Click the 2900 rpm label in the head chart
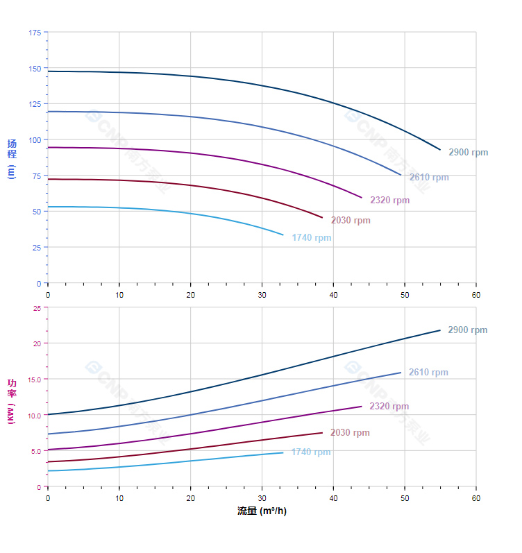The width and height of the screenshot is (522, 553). point(468,153)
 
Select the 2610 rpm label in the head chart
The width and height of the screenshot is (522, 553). point(428,178)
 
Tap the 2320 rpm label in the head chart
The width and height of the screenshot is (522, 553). point(389,201)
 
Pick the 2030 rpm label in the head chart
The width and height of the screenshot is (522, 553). point(350,221)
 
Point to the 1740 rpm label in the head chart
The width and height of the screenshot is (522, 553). point(311,238)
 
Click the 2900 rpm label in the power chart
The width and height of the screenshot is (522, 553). point(467,330)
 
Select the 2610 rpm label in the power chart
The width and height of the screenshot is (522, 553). point(428,373)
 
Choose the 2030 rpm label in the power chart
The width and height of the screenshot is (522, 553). point(350,433)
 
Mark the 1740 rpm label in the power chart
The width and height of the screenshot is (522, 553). point(311,452)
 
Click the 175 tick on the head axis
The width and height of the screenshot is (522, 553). point(35,33)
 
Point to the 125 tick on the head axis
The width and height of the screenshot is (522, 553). point(35,104)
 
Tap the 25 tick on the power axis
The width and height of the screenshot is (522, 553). point(37,308)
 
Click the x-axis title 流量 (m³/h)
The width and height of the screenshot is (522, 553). point(262,511)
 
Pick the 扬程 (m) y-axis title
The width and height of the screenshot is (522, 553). point(11,159)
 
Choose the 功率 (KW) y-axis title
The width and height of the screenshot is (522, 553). point(11,400)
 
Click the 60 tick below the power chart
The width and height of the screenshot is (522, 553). point(476,498)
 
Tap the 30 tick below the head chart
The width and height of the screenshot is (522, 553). point(262,294)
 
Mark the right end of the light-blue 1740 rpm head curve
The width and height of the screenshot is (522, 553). point(283,235)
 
